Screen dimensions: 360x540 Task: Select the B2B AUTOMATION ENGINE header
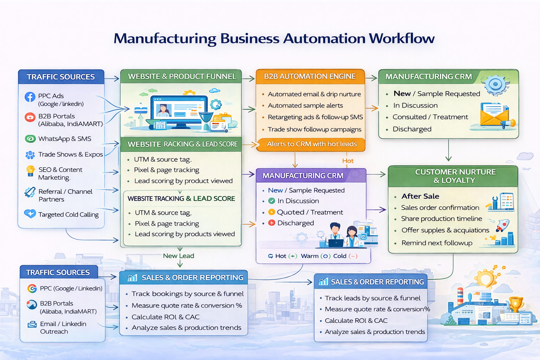tap(310, 76)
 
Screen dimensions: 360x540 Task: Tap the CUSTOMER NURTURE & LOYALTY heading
tap(455, 176)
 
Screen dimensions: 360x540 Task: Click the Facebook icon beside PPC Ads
tap(30, 97)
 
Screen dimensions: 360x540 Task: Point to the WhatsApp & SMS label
tap(65, 139)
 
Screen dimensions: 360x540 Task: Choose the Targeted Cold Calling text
tap(68, 214)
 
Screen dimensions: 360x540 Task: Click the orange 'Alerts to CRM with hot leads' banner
tap(311, 144)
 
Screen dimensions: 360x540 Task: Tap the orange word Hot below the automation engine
tap(348, 161)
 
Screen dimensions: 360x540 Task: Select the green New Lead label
tap(178, 256)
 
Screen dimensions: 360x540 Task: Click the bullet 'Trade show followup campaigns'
tap(314, 129)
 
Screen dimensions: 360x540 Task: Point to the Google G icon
tap(32, 289)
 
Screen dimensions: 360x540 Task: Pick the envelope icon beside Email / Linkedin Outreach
tap(32, 324)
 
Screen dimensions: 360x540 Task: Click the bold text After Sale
tap(420, 196)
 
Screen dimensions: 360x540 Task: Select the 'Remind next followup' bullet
tap(437, 243)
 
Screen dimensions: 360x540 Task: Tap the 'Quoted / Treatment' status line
tap(310, 212)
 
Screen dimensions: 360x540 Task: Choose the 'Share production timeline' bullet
tap(441, 219)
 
